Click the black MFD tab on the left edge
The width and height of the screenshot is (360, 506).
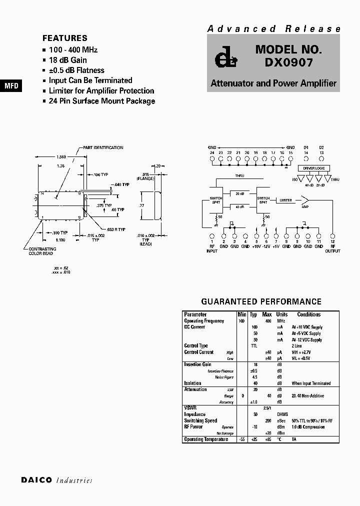11,86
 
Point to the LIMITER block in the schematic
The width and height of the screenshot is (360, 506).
285,200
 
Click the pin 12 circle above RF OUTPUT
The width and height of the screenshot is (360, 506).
333,235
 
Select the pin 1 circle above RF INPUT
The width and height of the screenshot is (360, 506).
212,235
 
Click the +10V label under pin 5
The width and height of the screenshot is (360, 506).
256,246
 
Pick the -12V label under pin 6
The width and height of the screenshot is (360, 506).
266,246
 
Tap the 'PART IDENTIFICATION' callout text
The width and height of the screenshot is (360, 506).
103,147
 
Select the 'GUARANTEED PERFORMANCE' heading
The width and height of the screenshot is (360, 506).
261,301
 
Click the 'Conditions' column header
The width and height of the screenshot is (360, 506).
308,314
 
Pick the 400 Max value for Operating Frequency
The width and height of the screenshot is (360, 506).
267,321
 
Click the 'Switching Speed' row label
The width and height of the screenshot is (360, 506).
200,420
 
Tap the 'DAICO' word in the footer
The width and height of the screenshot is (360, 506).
36,480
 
